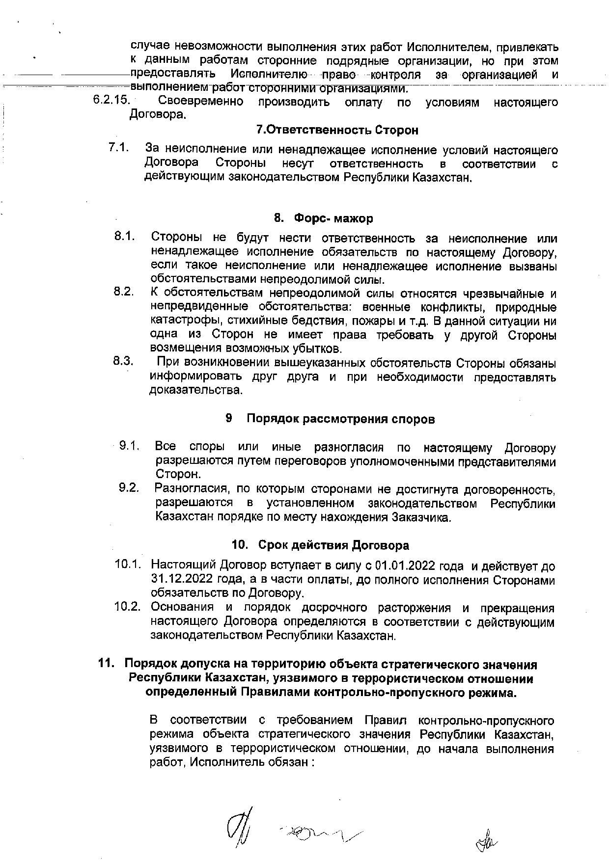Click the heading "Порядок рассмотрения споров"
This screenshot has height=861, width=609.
click(340, 419)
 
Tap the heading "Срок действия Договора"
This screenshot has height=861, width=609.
click(333, 545)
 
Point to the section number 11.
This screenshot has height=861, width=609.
click(107, 664)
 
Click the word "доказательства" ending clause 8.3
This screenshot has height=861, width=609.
click(196, 391)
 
